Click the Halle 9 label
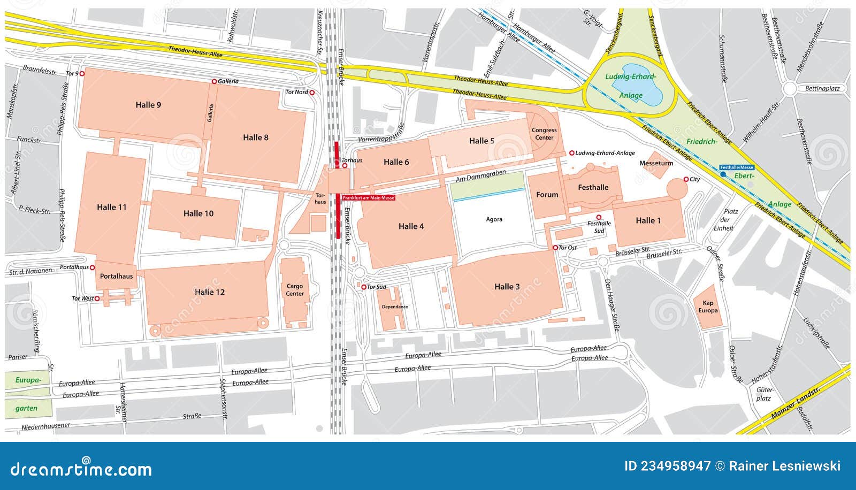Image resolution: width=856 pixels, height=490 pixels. (x=148, y=105)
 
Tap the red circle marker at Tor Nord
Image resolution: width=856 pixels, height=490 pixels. (x=312, y=93)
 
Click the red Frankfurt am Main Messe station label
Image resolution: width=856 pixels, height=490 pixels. (x=369, y=198)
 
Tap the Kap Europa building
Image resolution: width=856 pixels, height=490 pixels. (x=708, y=307)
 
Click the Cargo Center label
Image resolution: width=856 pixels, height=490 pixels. (x=295, y=290)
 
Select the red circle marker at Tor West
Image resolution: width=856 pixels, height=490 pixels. (x=97, y=298)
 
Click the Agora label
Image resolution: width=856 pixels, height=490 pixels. (x=494, y=219)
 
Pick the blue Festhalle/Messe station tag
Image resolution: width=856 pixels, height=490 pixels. (x=736, y=167)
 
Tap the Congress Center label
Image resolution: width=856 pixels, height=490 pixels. (x=544, y=134)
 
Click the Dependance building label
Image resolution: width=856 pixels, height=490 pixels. (x=395, y=307)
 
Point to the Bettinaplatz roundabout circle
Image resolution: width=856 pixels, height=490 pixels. (x=790, y=89)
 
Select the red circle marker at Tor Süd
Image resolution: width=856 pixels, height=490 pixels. (x=364, y=287)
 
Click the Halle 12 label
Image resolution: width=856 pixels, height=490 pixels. (x=210, y=292)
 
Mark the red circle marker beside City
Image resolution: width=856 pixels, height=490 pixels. (x=686, y=179)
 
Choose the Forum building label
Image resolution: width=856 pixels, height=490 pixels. (x=547, y=195)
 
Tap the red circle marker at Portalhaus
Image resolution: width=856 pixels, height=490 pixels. (x=92, y=267)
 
